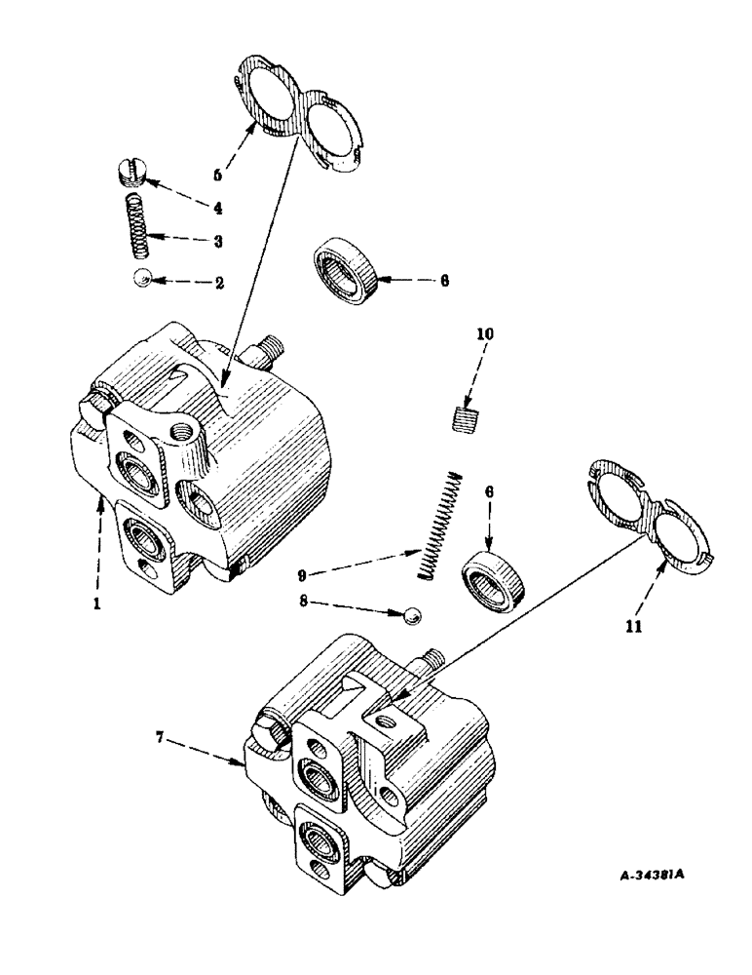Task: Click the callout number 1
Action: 96,604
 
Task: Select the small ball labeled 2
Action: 143,281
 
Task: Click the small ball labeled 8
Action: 411,614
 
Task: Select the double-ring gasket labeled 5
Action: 297,115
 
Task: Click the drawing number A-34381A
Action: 652,876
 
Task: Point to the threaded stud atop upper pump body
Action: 273,346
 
